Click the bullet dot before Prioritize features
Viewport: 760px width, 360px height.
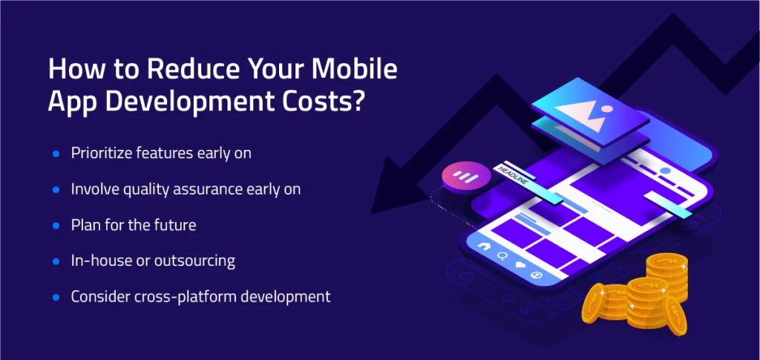click(x=56, y=154)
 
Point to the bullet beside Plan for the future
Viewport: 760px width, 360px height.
click(x=56, y=226)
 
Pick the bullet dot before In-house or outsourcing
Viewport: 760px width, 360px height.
click(x=56, y=261)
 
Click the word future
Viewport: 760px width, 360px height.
click(x=175, y=226)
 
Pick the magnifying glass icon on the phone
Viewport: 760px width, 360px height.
click(x=502, y=256)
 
